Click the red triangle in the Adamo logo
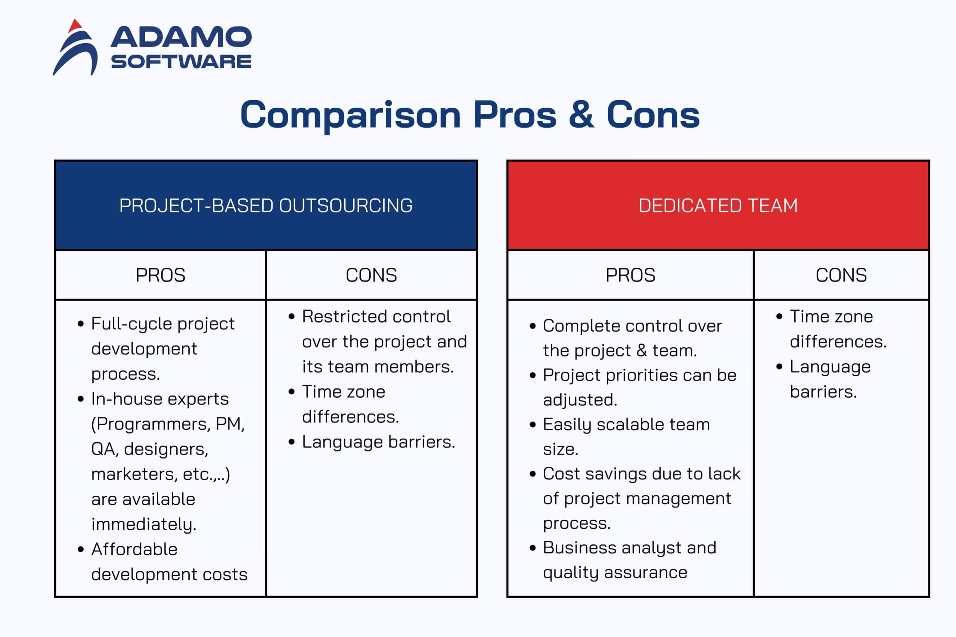click(x=75, y=26)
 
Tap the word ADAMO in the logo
click(x=181, y=37)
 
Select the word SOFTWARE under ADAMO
click(x=181, y=62)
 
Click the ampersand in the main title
click(x=581, y=115)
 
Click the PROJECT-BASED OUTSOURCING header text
click(x=266, y=206)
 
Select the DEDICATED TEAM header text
click(x=718, y=206)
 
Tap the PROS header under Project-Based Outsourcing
click(x=161, y=276)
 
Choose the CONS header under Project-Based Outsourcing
click(x=371, y=276)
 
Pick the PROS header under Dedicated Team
click(x=630, y=276)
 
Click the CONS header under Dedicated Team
click(x=841, y=276)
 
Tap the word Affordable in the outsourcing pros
click(x=134, y=549)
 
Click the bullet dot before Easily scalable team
click(x=533, y=425)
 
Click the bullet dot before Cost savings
click(x=533, y=474)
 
